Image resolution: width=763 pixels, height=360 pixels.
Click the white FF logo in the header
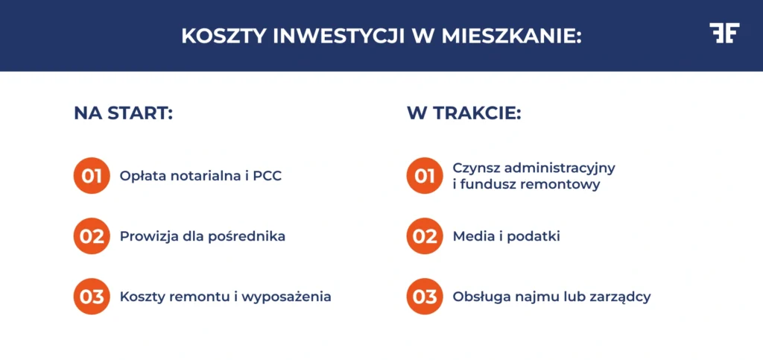click(724, 34)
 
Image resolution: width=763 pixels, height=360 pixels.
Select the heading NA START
click(123, 113)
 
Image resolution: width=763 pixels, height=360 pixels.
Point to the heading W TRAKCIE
click(463, 113)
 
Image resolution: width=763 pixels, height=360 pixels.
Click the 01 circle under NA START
click(92, 177)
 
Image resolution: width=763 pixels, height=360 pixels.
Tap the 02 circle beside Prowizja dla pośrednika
click(92, 236)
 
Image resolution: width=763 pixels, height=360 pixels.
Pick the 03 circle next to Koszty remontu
click(92, 296)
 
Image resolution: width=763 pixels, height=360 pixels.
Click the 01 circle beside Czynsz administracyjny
click(425, 177)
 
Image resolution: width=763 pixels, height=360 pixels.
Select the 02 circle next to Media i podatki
click(425, 236)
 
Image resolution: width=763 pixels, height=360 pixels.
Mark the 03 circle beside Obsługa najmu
click(425, 296)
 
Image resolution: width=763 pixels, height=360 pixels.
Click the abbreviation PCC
click(267, 177)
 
